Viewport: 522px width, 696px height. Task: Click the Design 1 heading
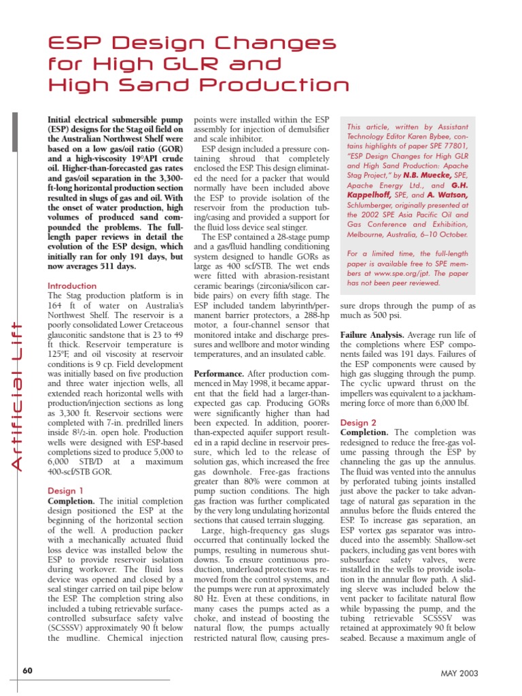tap(66, 490)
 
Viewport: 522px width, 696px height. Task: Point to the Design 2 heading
tap(358, 422)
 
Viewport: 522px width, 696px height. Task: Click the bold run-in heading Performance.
tap(222, 373)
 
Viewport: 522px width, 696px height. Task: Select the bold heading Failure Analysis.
tap(371, 335)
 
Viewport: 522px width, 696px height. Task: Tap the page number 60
tap(28, 671)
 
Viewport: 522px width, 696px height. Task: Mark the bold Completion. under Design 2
tap(364, 432)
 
